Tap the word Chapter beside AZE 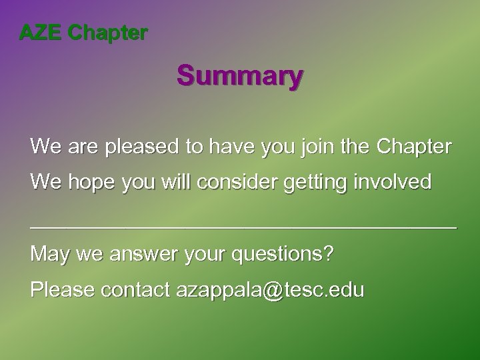pyautogui.click(x=108, y=32)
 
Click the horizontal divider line pyautogui.click(x=243, y=226)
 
